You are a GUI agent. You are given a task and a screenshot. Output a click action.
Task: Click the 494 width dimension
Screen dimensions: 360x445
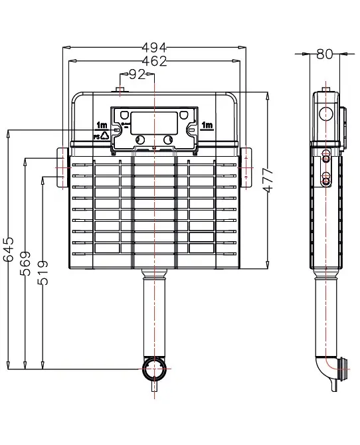154,47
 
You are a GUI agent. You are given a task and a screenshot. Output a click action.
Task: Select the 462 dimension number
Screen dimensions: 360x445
154,61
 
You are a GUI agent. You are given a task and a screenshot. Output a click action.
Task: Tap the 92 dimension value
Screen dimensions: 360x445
137,74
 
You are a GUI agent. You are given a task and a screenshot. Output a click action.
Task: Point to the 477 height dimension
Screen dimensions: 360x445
268,180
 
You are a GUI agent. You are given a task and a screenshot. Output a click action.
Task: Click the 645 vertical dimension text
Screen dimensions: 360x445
9,249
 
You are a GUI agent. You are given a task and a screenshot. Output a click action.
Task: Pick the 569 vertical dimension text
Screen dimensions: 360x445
25,264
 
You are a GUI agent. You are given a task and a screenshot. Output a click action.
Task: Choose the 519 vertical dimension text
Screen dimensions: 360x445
43,273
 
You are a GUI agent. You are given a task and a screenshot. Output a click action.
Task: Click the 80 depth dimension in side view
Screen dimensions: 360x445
325,54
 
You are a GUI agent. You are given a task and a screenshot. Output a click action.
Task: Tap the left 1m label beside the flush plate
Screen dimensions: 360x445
102,125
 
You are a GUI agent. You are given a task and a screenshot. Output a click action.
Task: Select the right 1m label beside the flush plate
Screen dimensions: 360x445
207,125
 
